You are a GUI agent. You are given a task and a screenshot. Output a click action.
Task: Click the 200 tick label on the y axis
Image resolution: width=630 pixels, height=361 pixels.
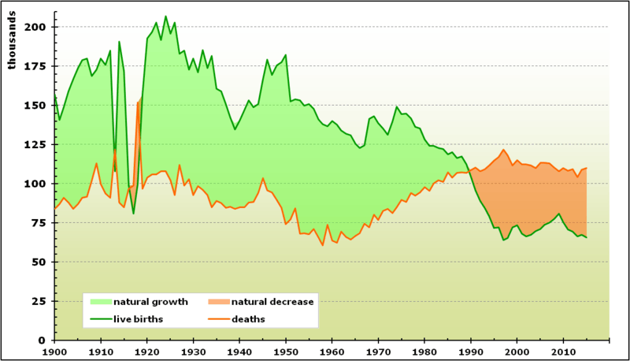[37, 27]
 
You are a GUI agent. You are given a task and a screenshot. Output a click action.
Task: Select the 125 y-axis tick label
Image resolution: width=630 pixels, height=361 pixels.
[37, 144]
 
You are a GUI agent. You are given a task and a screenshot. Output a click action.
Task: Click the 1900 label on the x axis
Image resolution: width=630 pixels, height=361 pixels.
[54, 351]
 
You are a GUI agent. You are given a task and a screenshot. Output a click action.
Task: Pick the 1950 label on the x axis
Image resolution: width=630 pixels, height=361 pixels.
[286, 351]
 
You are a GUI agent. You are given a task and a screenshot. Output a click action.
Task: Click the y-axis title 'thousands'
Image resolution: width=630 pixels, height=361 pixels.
[12, 43]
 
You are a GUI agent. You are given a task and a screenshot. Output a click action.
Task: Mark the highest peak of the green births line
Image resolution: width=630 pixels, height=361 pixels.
[165, 17]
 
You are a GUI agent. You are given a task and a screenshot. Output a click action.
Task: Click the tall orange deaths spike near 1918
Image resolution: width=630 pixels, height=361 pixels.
[138, 102]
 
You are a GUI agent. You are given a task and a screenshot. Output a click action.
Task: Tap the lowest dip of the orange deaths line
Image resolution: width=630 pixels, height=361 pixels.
[323, 245]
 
